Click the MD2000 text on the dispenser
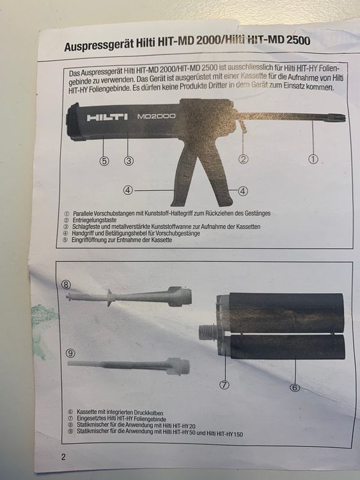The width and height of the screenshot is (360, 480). pyautogui.click(x=157, y=117)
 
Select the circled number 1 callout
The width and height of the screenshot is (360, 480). pyautogui.click(x=313, y=159)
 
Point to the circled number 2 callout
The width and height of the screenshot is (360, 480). pyautogui.click(x=243, y=159)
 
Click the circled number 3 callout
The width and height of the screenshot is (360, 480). pyautogui.click(x=129, y=160)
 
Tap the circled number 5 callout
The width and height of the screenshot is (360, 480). pyautogui.click(x=104, y=160)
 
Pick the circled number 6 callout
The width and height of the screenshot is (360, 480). pyautogui.click(x=295, y=387)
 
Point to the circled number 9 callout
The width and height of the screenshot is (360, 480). pyautogui.click(x=71, y=351)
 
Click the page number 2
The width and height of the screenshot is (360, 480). pyautogui.click(x=63, y=457)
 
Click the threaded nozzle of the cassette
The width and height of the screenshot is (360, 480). pyautogui.click(x=207, y=334)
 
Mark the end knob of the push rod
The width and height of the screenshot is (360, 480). pyautogui.click(x=341, y=117)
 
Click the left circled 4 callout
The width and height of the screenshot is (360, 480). pyautogui.click(x=129, y=189)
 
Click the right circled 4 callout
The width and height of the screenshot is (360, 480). pyautogui.click(x=243, y=189)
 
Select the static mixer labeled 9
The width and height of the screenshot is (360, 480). pyautogui.click(x=128, y=366)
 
